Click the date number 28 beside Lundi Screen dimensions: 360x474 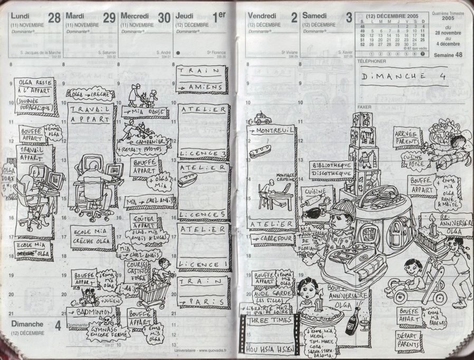point(54,18)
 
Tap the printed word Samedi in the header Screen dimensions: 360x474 point(314,15)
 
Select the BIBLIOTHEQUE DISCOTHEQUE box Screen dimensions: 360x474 point(331,169)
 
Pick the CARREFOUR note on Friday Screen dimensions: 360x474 point(274,239)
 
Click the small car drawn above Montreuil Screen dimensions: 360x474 point(263,119)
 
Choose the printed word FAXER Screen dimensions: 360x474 point(364,106)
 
